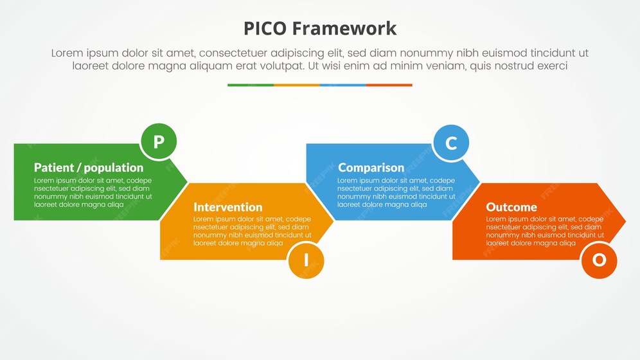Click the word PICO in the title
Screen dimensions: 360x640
tap(265, 28)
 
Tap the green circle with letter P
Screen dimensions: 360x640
tap(158, 141)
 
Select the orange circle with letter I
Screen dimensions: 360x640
tap(306, 260)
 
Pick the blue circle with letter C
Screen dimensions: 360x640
tap(450, 143)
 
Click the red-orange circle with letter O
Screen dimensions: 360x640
tap(598, 260)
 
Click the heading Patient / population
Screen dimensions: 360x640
tap(89, 168)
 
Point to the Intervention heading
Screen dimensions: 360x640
tap(227, 207)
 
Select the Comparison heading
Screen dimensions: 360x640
tap(371, 168)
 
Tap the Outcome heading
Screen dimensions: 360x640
tap(511, 207)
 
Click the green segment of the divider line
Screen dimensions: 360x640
tap(251, 85)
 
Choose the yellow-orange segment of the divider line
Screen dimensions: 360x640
tap(297, 85)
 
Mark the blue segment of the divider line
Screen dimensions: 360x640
tap(343, 85)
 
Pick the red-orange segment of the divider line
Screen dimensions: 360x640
tap(389, 85)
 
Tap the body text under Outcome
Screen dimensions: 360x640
tap(544, 231)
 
